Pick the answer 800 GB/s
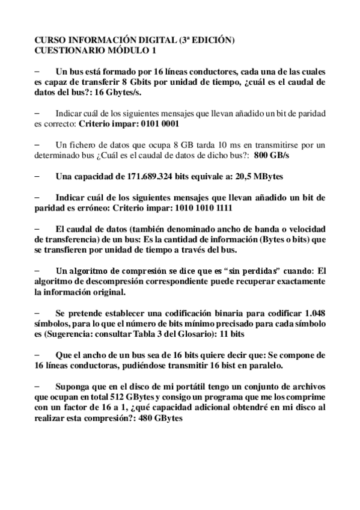click(272, 155)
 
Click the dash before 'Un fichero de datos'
click(38, 145)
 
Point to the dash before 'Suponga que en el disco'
click(38, 387)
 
